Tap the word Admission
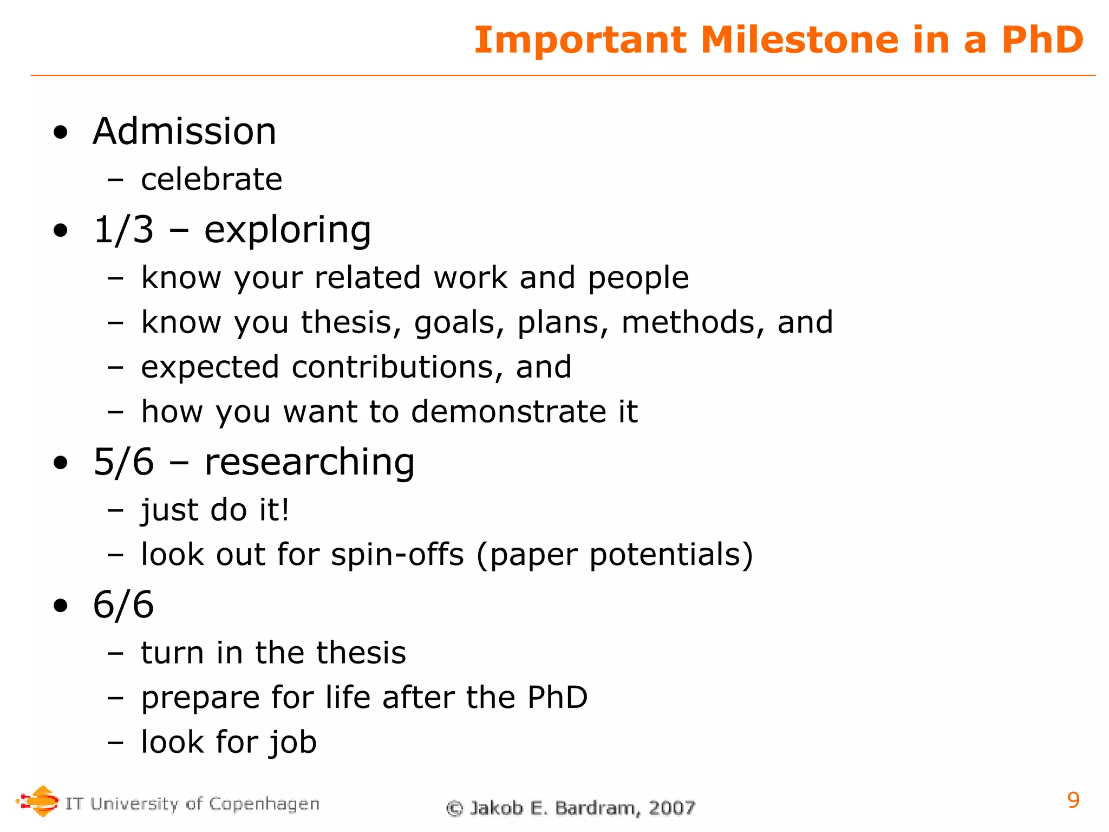pyautogui.click(x=185, y=132)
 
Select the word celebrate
pyautogui.click(x=212, y=180)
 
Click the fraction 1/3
pyautogui.click(x=123, y=230)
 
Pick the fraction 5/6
pyautogui.click(x=123, y=462)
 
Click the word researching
pyautogui.click(x=309, y=463)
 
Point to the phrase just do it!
pyautogui.click(x=215, y=510)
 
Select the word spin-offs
pyautogui.click(x=397, y=555)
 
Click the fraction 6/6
pyautogui.click(x=123, y=604)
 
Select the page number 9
pyautogui.click(x=1073, y=800)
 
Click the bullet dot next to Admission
pyautogui.click(x=61, y=133)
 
